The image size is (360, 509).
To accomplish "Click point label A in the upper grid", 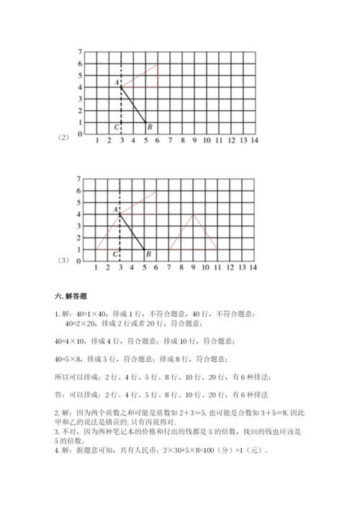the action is pyautogui.click(x=116, y=83).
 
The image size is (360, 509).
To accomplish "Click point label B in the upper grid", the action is pyautogui.click(x=149, y=128).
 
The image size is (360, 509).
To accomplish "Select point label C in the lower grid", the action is pyautogui.click(x=115, y=254).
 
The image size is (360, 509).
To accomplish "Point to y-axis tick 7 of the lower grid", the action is pyautogui.click(x=78, y=179).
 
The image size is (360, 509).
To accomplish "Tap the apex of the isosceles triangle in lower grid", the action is pyautogui.click(x=194, y=214).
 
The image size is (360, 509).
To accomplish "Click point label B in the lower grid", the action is pyautogui.click(x=147, y=253).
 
